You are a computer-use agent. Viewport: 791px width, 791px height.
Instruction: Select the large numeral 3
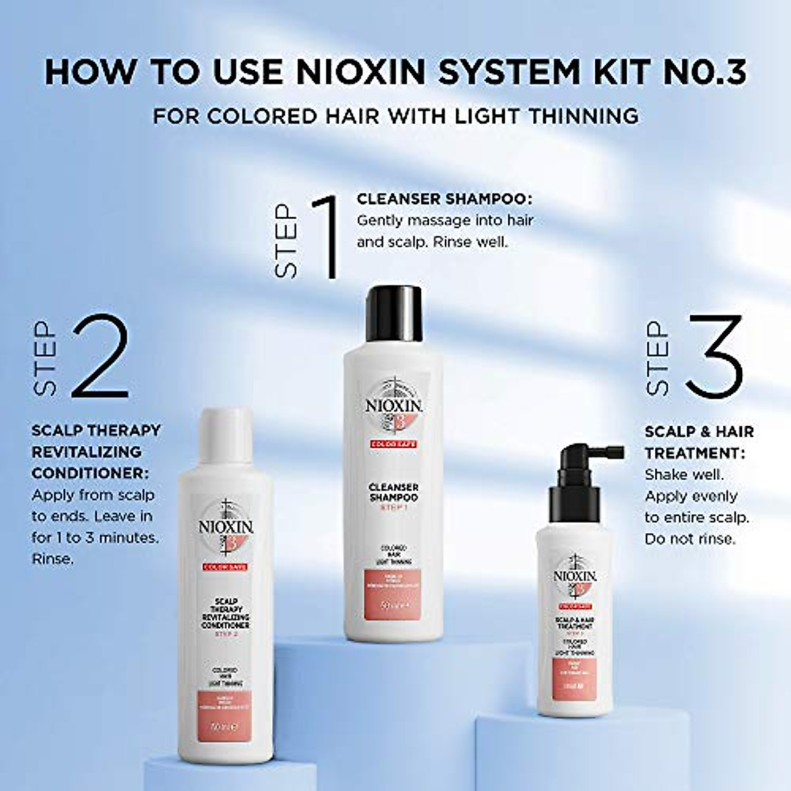click(713, 355)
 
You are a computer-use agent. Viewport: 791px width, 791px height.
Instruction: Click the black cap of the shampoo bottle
click(393, 310)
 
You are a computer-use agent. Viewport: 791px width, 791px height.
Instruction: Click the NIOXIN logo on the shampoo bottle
click(394, 404)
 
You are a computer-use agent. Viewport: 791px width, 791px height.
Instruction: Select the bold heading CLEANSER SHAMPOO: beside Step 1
click(444, 198)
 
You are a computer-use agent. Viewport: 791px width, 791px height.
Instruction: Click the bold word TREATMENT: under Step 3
click(695, 453)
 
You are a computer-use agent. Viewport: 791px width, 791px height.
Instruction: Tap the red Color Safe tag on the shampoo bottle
click(393, 445)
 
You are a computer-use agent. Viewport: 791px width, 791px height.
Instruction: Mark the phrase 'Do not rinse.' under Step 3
click(689, 539)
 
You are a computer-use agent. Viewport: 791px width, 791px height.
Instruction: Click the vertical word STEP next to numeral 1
click(286, 240)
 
